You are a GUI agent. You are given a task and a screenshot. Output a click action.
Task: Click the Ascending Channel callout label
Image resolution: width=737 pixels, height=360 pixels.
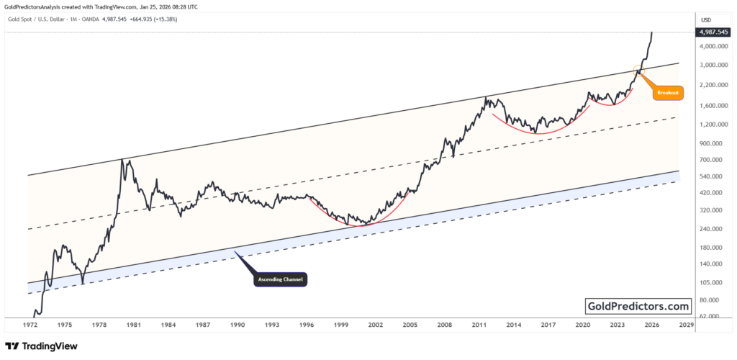point(281,279)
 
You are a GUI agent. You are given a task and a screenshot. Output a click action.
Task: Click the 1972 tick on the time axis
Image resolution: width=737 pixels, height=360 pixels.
point(30,325)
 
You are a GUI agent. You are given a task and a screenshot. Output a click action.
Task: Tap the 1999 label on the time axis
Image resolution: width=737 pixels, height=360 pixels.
point(341,325)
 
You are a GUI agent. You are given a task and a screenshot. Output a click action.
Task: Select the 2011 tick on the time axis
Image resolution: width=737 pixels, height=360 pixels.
point(479,325)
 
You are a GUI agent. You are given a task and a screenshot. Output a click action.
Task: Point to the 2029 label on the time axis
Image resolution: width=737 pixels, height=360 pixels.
point(686,325)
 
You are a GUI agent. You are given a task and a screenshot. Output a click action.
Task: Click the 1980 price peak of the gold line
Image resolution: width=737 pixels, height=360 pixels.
point(122,160)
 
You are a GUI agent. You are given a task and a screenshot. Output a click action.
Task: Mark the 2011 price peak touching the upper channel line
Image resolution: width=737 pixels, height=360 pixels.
point(487,97)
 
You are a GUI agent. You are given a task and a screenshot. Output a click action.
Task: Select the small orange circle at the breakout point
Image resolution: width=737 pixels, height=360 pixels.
point(637,70)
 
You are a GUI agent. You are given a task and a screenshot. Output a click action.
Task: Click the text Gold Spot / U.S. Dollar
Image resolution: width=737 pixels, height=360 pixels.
point(43,19)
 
